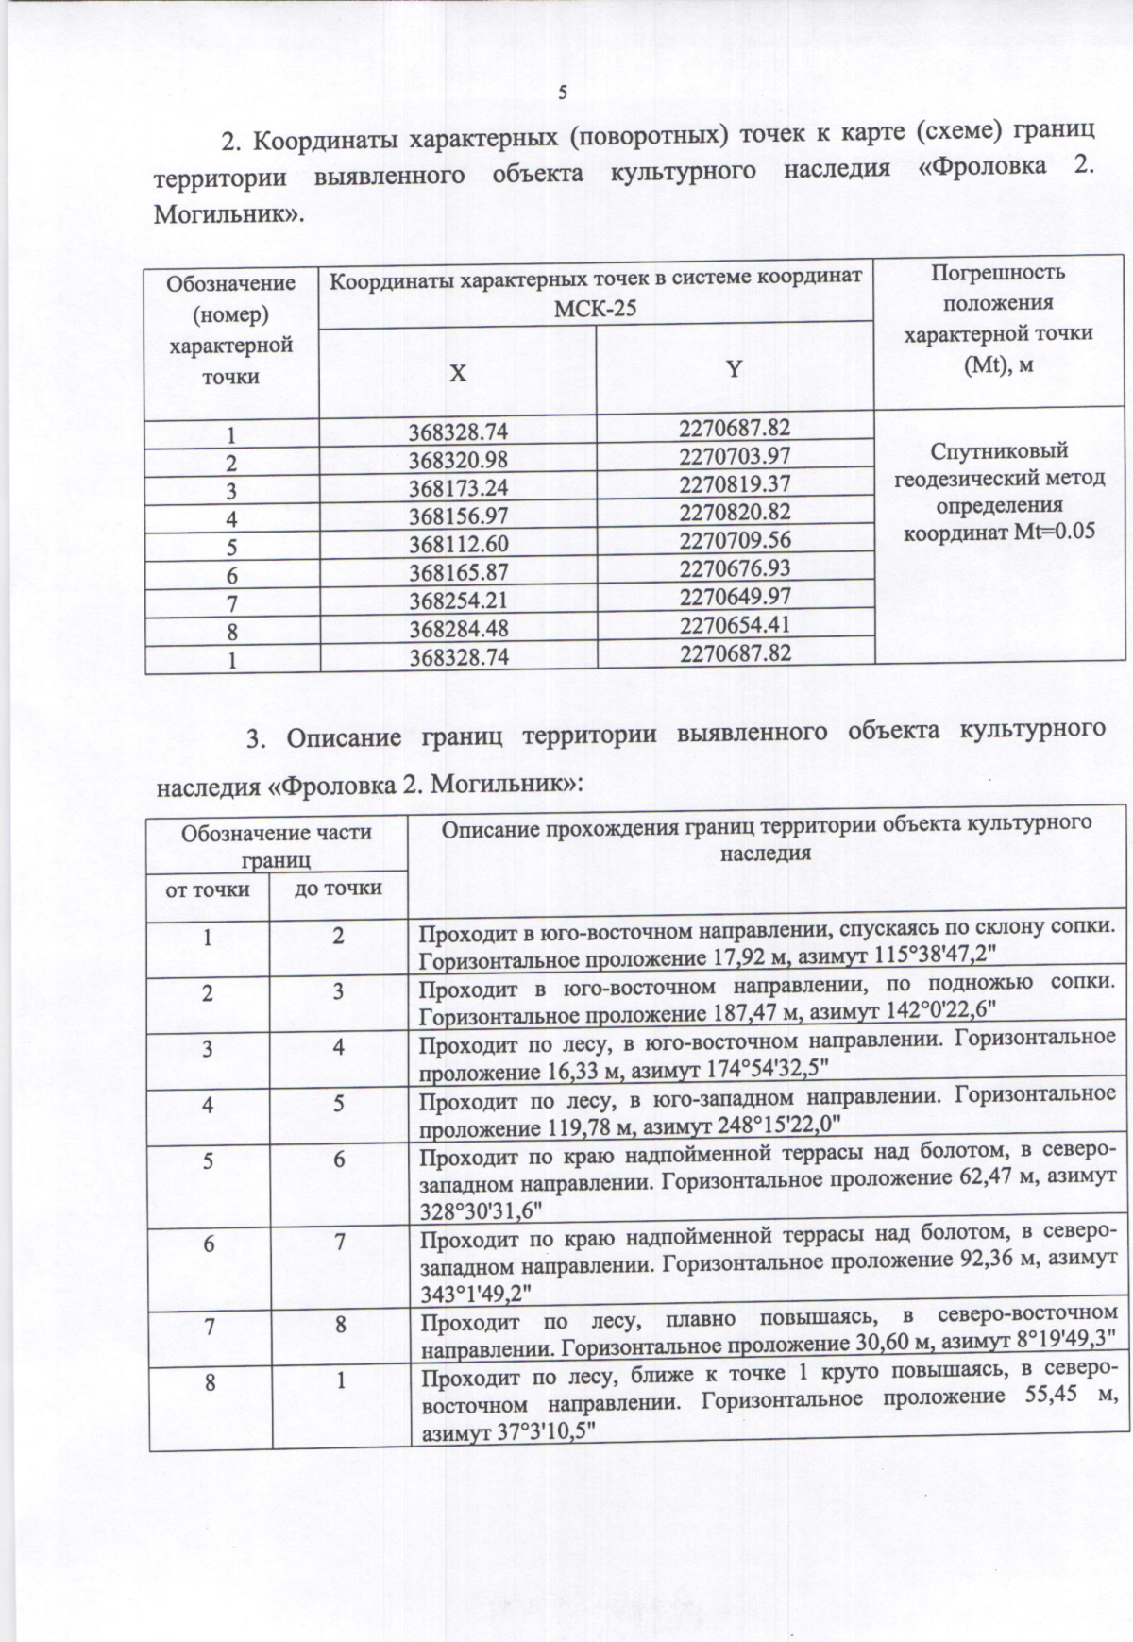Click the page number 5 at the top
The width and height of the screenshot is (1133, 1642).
[563, 93]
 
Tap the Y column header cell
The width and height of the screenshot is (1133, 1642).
[734, 369]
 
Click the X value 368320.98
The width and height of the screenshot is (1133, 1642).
[458, 461]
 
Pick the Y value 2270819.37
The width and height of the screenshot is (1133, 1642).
[735, 484]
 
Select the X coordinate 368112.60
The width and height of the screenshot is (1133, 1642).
[458, 545]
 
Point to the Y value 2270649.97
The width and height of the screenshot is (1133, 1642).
[735, 597]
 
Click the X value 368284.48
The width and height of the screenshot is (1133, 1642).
[458, 629]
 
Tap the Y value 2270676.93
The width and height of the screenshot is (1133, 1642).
[735, 568]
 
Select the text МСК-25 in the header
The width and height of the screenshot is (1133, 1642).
[595, 308]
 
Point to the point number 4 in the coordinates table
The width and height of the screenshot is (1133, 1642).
[231, 518]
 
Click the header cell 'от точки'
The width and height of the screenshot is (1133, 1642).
[208, 889]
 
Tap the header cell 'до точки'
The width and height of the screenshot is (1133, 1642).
[338, 888]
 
